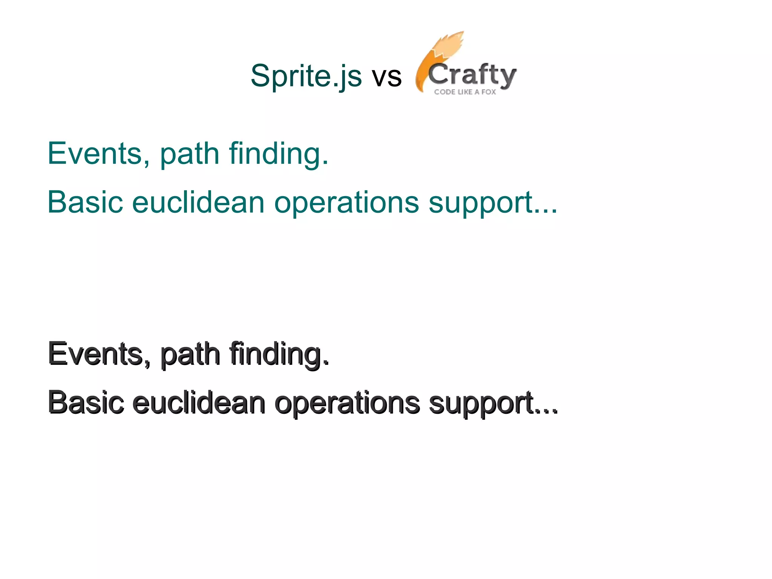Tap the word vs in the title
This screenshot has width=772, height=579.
(387, 77)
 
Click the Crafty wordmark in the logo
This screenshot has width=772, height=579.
(472, 75)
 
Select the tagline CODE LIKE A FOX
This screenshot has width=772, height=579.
(465, 92)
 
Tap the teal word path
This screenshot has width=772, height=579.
(190, 155)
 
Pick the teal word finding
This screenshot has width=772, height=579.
(279, 155)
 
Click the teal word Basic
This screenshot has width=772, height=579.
(85, 202)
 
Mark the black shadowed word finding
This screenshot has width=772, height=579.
(279, 355)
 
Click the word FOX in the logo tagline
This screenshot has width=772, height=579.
(489, 92)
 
